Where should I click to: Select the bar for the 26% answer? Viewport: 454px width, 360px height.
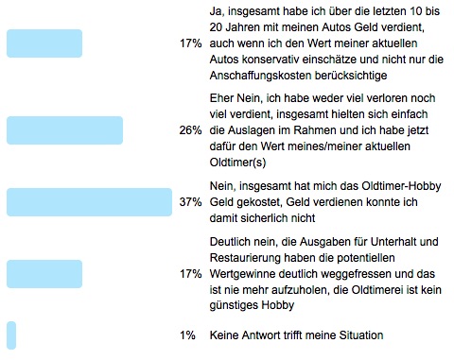pos(64,130)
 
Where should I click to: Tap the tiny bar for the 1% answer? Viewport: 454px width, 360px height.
pos(11,335)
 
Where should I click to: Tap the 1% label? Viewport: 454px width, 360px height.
pos(189,335)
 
